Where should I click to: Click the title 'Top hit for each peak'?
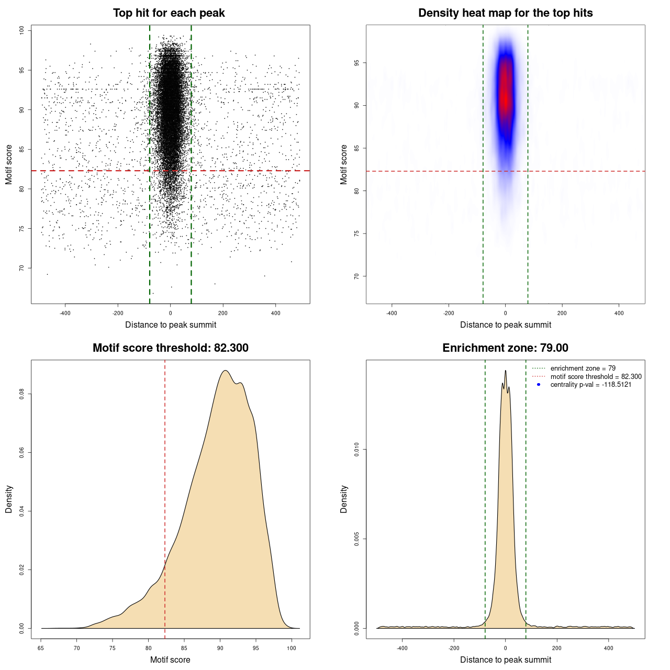(x=169, y=13)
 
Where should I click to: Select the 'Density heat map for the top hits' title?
(x=505, y=13)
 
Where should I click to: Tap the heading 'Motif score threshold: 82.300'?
(x=170, y=348)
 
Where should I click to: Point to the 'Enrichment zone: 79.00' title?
(x=505, y=348)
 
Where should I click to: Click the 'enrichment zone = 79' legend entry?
(x=583, y=368)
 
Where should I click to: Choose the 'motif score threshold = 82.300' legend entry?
(x=596, y=377)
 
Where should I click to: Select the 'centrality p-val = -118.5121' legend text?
(x=590, y=385)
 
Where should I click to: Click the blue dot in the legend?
(x=539, y=385)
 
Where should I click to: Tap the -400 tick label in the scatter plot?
(x=65, y=313)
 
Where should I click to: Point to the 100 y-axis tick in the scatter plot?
(x=21, y=30)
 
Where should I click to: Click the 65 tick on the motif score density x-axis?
(x=41, y=648)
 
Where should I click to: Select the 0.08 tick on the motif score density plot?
(x=21, y=394)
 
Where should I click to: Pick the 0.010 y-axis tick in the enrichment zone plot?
(x=356, y=449)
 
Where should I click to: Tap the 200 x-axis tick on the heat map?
(x=562, y=313)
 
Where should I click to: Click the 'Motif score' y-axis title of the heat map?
(x=344, y=164)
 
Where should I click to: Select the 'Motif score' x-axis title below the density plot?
(x=170, y=660)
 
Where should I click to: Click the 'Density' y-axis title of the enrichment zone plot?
(x=344, y=499)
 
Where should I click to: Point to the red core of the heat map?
(x=505, y=97)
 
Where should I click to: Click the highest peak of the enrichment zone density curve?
(x=505, y=371)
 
